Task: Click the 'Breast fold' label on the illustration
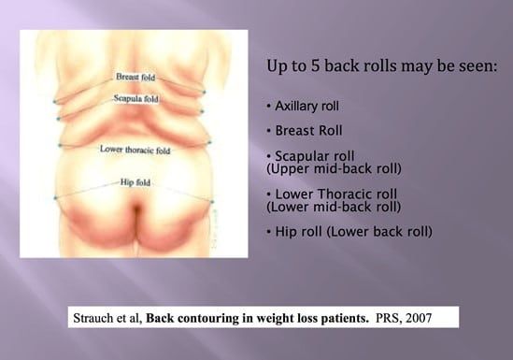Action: [135, 77]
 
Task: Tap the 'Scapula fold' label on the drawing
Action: [135, 97]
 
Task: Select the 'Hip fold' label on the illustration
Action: [137, 182]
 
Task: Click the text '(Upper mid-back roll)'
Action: [322, 169]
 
